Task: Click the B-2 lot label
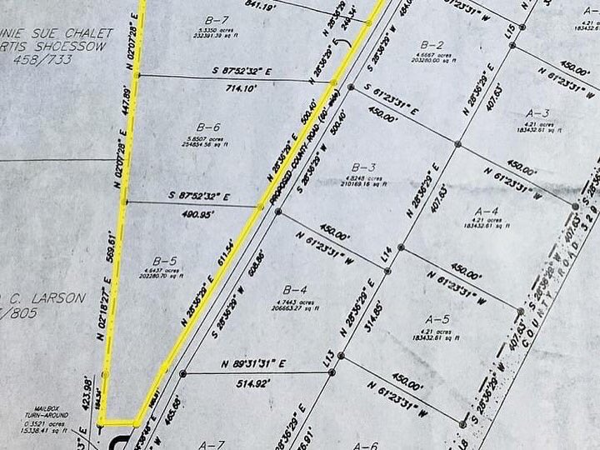[x=432, y=44]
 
